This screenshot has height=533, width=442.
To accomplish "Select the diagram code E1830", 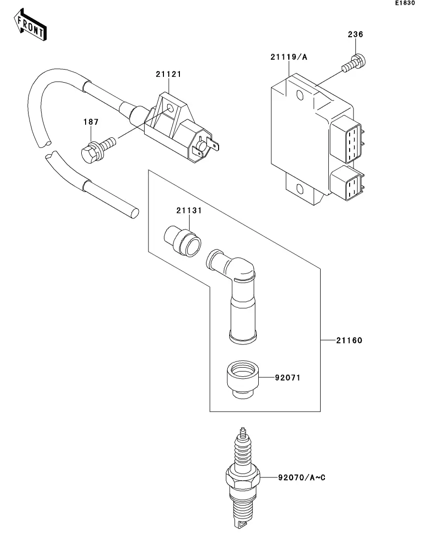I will coord(405,3).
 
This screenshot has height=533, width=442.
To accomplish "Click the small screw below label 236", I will coord(355,63).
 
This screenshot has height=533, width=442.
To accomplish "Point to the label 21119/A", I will coord(289,57).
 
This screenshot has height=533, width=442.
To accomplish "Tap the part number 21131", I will coord(189,211).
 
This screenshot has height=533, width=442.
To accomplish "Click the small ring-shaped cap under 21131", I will coord(182,239).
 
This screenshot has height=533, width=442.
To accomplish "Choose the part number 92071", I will coord(287,377).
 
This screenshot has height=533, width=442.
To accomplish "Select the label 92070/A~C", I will coord(302,478).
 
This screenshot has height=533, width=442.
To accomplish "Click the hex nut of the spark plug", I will coord(243,477).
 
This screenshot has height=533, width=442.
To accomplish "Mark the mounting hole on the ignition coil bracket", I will coord(170,108).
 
